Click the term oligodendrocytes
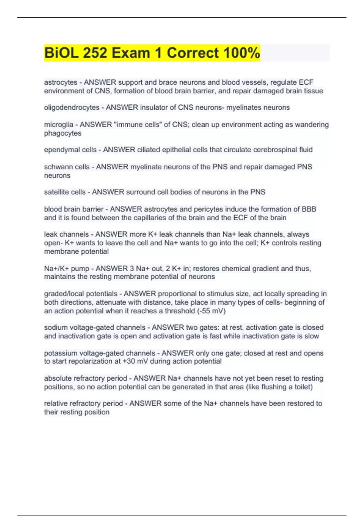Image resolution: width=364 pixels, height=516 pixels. (72, 107)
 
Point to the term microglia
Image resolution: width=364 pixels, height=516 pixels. (59, 124)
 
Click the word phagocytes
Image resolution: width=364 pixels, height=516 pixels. (63, 133)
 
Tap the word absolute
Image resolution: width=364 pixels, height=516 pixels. (56, 378)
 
